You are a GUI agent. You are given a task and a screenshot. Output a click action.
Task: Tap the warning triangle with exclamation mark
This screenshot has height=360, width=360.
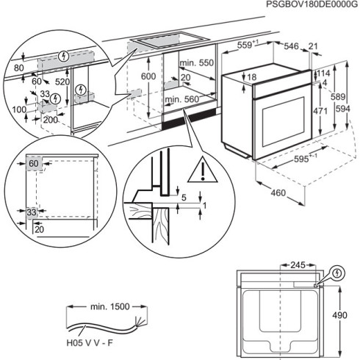point(198,172)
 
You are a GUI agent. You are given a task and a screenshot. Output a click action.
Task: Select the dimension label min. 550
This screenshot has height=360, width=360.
point(196,63)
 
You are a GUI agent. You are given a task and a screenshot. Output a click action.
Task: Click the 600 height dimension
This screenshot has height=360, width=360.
point(149,77)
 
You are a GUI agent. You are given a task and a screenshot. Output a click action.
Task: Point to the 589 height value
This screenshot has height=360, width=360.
point(338,96)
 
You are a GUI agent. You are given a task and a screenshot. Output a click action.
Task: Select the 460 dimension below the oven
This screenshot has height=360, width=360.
point(276,193)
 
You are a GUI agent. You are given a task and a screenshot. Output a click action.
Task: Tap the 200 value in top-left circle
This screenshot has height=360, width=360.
point(50,119)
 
